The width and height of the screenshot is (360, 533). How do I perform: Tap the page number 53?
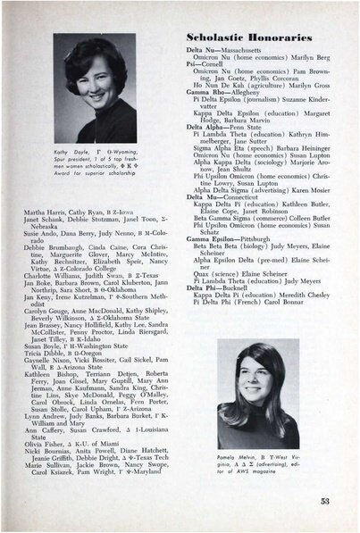pyautogui.click(x=325, y=501)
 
